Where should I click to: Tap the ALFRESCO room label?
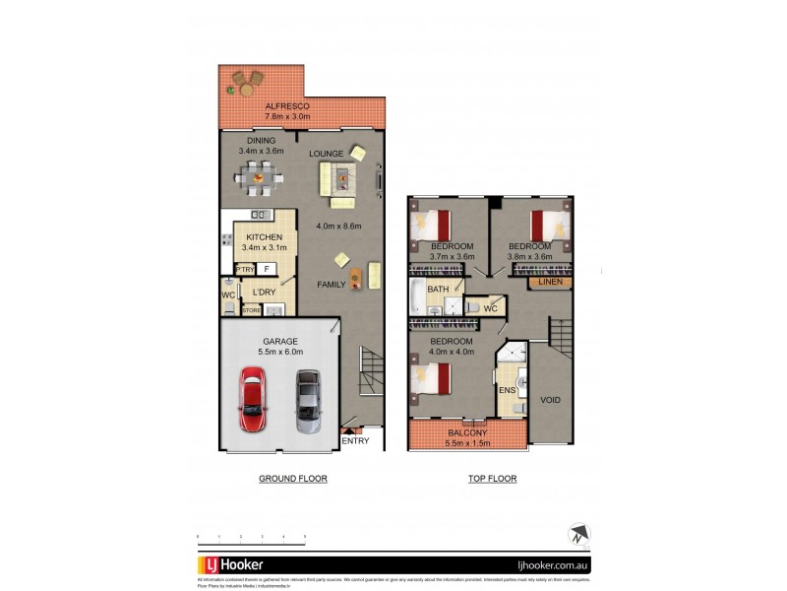(x=287, y=105)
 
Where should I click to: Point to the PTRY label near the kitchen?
(x=244, y=269)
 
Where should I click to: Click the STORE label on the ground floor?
(x=252, y=310)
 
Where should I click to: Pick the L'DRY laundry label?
(x=265, y=293)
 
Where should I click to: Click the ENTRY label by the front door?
(x=355, y=440)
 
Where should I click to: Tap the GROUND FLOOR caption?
(x=292, y=479)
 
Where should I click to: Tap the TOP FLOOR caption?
(x=493, y=479)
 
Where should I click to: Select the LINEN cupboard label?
(x=549, y=283)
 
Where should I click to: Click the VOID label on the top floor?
(x=550, y=400)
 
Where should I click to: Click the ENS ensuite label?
(x=508, y=390)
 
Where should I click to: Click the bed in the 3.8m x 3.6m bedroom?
(x=546, y=225)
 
